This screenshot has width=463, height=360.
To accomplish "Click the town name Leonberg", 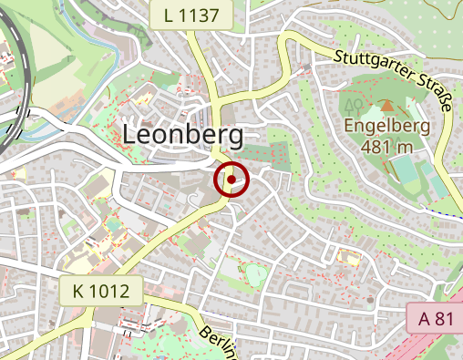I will pyautogui.click(x=182, y=136).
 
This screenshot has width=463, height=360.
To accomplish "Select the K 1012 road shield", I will pyautogui.click(x=101, y=293).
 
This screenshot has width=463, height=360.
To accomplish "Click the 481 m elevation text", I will pyautogui.click(x=386, y=146).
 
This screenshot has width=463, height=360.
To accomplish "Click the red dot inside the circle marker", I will pyautogui.click(x=231, y=180).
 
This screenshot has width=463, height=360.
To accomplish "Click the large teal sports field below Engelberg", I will pyautogui.click(x=404, y=170).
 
